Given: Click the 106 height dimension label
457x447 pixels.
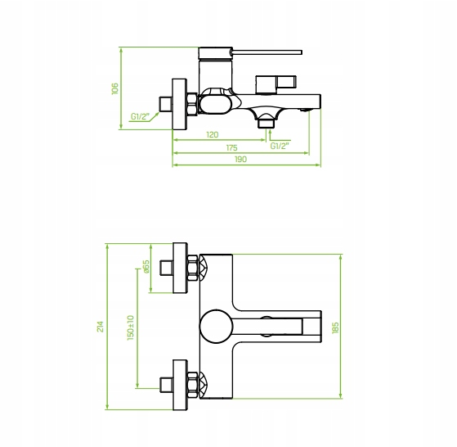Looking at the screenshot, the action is (x=115, y=88).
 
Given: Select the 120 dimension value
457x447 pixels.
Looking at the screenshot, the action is (x=213, y=135).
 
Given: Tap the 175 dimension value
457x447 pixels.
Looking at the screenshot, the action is (x=231, y=147).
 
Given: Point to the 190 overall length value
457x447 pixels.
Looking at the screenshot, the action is (x=240, y=160).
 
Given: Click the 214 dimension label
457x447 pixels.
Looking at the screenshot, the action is (x=101, y=326).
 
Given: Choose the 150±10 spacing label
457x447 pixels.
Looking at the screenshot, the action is (x=131, y=327).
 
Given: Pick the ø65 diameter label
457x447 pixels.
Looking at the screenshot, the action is (x=146, y=266).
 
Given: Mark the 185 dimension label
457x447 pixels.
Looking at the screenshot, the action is (x=335, y=327).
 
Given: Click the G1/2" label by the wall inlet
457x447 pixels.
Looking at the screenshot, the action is (x=140, y=117).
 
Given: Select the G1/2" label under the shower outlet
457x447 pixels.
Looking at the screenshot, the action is (x=280, y=146).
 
